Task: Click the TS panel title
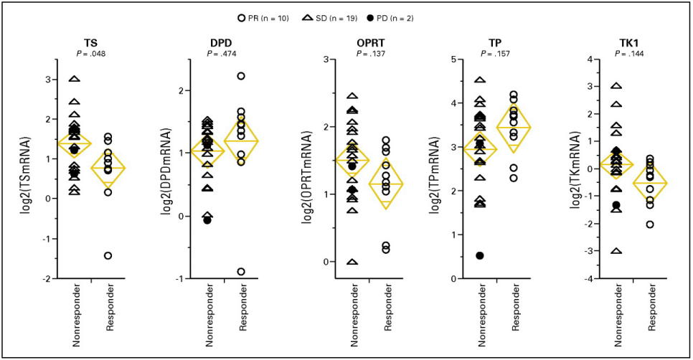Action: pyautogui.click(x=90, y=42)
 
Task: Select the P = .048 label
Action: pyautogui.click(x=90, y=53)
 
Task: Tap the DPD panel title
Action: pyautogui.click(x=220, y=42)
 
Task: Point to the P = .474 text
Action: pyautogui.click(x=220, y=53)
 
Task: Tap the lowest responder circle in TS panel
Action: pyautogui.click(x=107, y=255)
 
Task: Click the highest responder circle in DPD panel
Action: pyautogui.click(x=241, y=75)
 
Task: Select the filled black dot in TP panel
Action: pyautogui.click(x=479, y=255)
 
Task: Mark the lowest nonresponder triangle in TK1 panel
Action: pyautogui.click(x=616, y=251)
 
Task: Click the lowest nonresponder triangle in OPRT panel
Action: pyautogui.click(x=352, y=262)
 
